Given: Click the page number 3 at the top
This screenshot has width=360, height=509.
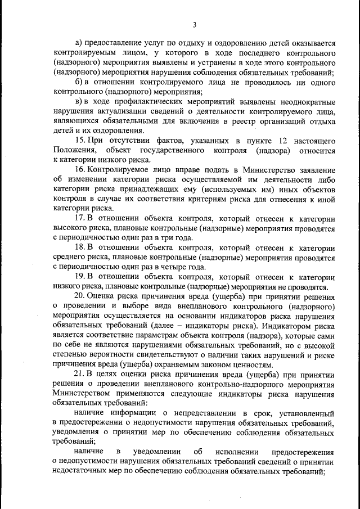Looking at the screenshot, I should pyautogui.click(x=194, y=24).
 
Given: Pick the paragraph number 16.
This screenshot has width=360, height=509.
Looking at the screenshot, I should pyautogui.click(x=79, y=170).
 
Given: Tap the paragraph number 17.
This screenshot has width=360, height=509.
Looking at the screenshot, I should pyautogui.click(x=79, y=218).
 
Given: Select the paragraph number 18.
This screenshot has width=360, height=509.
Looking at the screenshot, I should pyautogui.click(x=79, y=247).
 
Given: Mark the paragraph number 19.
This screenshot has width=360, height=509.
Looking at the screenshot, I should pyautogui.click(x=79, y=277).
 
